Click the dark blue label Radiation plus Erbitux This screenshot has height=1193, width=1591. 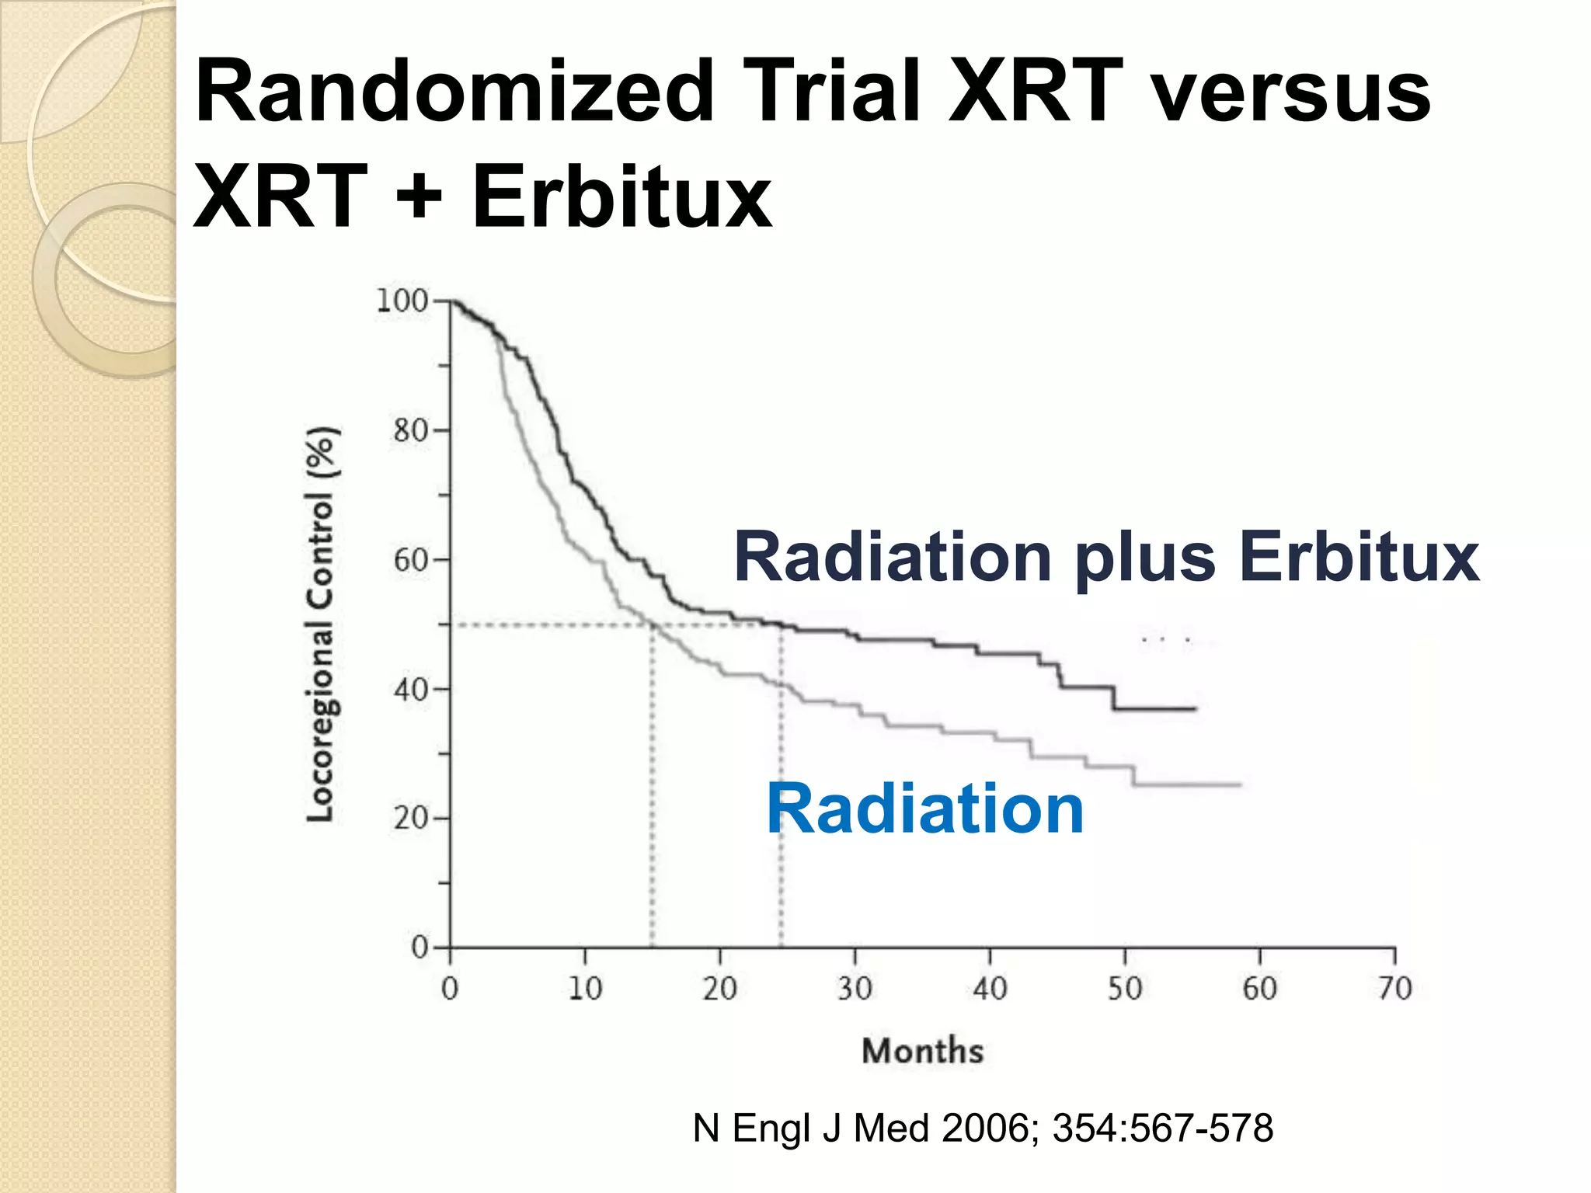[1106, 557]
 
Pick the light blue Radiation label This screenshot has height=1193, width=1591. [924, 809]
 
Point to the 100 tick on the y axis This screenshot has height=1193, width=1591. [402, 301]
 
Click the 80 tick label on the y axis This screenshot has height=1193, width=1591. [411, 430]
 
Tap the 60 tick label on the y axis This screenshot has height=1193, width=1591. [411, 560]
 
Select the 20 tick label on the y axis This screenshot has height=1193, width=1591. [411, 819]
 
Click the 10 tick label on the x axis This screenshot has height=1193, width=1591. [585, 989]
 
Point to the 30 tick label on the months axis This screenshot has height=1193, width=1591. [855, 989]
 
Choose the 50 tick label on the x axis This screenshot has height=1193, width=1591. [1124, 989]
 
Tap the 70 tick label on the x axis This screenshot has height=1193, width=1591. [1394, 989]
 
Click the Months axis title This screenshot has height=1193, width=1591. [923, 1051]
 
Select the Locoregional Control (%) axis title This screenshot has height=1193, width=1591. [320, 624]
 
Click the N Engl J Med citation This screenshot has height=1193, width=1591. [983, 1128]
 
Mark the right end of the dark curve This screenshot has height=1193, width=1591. [1195, 708]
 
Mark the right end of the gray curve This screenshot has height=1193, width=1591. [1240, 785]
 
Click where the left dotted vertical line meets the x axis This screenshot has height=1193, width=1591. [652, 948]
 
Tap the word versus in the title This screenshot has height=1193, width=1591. [1290, 92]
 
